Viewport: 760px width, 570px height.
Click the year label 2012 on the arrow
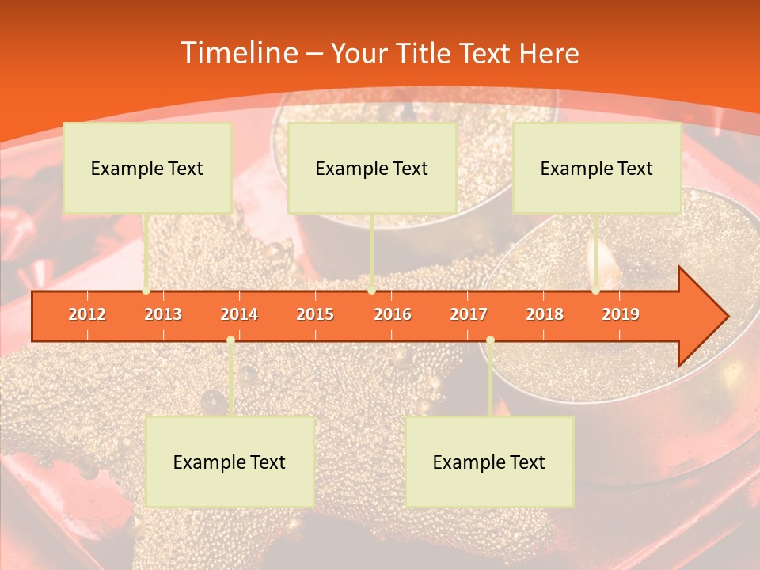[x=87, y=314]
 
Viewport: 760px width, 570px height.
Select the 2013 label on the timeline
[x=163, y=314]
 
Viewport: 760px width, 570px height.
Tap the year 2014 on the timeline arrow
[x=239, y=314]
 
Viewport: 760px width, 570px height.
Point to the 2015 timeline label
[x=315, y=314]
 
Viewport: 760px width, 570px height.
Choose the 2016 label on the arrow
[x=393, y=314]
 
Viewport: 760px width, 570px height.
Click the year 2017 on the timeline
[x=469, y=314]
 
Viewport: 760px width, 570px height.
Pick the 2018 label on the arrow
[x=545, y=314]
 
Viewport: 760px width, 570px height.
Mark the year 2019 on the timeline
[x=621, y=314]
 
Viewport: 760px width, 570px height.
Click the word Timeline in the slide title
[x=237, y=53]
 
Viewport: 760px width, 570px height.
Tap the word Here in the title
[x=549, y=54]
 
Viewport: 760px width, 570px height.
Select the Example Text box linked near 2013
[x=147, y=168]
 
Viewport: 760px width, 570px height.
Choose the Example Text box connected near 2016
[x=372, y=168]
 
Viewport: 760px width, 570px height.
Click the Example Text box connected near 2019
[x=597, y=168]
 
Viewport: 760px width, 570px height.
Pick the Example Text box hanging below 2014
[x=230, y=462]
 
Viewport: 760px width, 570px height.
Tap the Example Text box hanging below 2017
[x=489, y=462]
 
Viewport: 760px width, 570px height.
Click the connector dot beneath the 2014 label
[x=230, y=340]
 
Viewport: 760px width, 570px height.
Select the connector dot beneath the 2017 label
[x=490, y=340]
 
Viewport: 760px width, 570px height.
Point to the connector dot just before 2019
[x=596, y=291]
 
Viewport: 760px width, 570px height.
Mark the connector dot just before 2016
[x=371, y=291]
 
